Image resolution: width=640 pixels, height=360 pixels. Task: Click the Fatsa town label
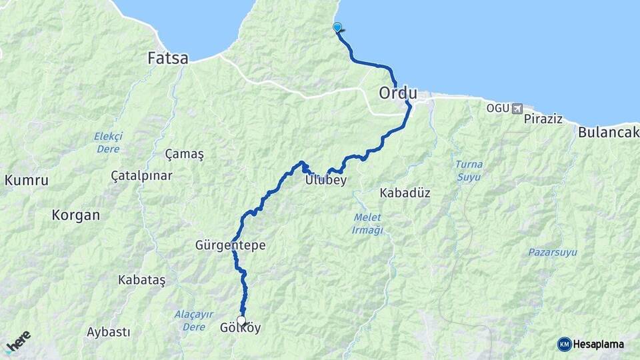168,59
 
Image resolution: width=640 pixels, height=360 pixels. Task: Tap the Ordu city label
398,93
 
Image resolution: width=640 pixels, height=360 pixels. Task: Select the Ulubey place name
325,180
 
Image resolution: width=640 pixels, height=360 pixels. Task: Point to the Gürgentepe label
231,245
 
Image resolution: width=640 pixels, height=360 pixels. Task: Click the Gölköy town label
240,329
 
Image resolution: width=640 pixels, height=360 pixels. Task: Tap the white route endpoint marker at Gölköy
241,320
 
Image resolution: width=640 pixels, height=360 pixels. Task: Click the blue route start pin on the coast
337,27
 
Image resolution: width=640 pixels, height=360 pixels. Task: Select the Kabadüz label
405,193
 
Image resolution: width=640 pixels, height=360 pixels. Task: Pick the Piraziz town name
543,119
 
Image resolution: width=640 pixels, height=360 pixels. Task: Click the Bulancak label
608,131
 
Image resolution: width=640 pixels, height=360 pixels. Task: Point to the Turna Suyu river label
469,170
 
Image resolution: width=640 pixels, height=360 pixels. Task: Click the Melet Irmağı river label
367,224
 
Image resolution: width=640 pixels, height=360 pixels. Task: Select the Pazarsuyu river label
553,253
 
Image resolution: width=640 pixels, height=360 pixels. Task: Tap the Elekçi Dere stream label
108,143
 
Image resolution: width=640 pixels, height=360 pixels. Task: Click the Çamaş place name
184,154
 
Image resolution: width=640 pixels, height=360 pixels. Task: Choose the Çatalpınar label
141,176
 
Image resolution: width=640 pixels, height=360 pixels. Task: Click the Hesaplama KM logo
591,344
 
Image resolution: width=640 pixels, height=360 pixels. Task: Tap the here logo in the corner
18,341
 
